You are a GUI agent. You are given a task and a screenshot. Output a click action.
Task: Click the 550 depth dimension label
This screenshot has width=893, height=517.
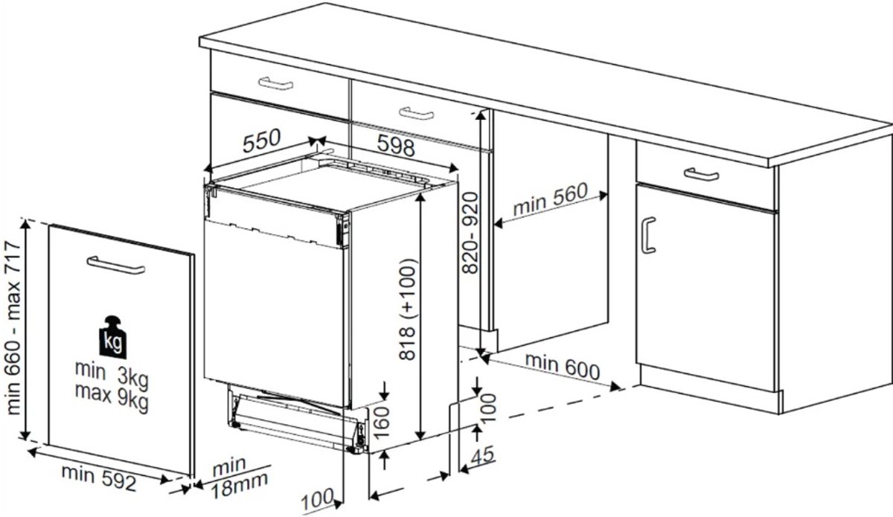click(262, 141)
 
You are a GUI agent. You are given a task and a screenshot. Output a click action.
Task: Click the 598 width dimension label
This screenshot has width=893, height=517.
click(396, 145)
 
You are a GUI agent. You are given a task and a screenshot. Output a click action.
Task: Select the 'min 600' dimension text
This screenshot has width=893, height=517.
click(563, 366)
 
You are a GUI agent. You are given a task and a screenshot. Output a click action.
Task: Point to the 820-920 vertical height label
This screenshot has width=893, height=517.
click(470, 233)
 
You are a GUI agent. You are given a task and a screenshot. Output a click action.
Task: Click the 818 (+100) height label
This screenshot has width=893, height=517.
click(408, 309)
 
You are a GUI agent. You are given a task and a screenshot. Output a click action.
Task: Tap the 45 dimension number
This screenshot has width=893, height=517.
click(483, 455)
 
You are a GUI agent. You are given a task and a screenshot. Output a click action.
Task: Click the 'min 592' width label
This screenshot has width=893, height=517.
click(99, 478)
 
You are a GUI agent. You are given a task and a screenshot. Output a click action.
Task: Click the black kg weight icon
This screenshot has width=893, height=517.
click(113, 338)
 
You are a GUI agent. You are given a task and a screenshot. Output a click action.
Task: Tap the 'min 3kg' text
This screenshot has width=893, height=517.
click(112, 375)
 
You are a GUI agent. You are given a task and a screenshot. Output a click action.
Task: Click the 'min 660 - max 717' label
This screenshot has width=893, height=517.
click(13, 327)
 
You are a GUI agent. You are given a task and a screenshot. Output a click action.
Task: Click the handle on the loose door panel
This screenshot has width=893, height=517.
click(116, 265)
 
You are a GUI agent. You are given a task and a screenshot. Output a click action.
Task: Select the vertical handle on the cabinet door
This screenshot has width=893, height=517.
click(648, 236)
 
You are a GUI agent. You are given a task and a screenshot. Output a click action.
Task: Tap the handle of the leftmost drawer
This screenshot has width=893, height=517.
click(276, 84)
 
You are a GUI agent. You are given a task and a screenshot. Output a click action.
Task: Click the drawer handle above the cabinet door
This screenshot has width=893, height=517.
click(701, 174)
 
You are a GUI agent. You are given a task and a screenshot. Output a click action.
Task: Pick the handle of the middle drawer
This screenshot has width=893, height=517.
click(416, 113)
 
